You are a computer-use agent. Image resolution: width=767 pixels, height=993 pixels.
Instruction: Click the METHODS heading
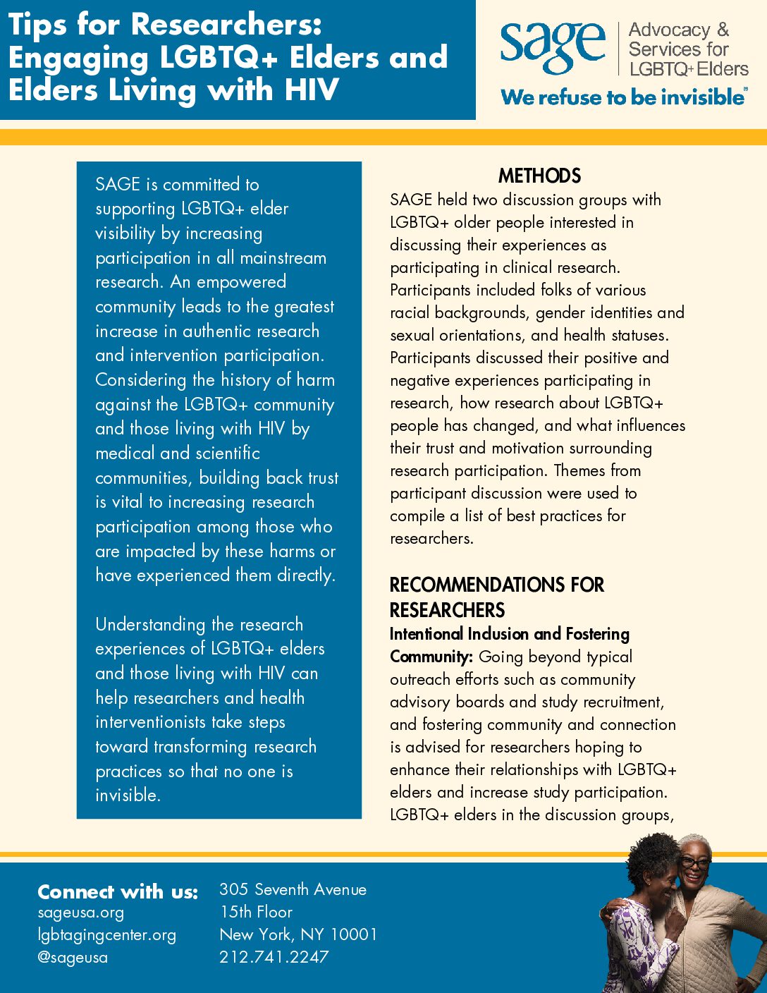pyautogui.click(x=539, y=176)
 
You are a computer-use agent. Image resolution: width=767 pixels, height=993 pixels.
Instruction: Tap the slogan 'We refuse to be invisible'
pyautogui.click(x=622, y=97)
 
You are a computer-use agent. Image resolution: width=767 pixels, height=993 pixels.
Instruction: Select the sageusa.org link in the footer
pyautogui.click(x=80, y=913)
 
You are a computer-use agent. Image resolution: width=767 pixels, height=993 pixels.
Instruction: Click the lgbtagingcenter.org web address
pyautogui.click(x=106, y=935)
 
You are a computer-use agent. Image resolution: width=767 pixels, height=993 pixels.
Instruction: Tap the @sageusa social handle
pyautogui.click(x=73, y=958)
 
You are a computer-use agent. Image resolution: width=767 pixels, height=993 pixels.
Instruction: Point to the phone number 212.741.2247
pyautogui.click(x=274, y=957)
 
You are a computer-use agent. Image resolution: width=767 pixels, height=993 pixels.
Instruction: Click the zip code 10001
pyautogui.click(x=354, y=934)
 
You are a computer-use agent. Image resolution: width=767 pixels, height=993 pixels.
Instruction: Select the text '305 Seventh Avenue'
pyautogui.click(x=293, y=889)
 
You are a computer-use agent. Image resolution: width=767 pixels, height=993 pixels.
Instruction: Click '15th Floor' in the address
pyautogui.click(x=256, y=912)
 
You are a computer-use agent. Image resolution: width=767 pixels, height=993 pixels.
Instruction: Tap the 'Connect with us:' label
pyautogui.click(x=118, y=891)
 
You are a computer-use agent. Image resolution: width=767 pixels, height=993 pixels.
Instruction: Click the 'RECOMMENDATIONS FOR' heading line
pyautogui.click(x=496, y=585)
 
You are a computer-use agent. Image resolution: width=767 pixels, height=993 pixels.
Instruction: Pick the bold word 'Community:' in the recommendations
pyautogui.click(x=431, y=657)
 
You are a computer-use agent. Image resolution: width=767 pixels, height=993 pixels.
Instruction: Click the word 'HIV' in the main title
pyautogui.click(x=312, y=90)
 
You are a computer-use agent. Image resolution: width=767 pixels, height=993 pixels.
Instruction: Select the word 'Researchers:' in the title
pyautogui.click(x=226, y=25)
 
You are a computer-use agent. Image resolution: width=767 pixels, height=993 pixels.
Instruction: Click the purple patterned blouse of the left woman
pyautogui.click(x=637, y=945)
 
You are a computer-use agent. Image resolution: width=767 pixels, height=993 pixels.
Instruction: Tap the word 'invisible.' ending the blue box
pyautogui.click(x=128, y=795)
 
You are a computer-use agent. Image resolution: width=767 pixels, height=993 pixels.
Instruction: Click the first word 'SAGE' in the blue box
pyautogui.click(x=118, y=184)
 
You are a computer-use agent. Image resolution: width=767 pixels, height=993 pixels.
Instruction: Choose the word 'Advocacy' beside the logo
pyautogui.click(x=669, y=30)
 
